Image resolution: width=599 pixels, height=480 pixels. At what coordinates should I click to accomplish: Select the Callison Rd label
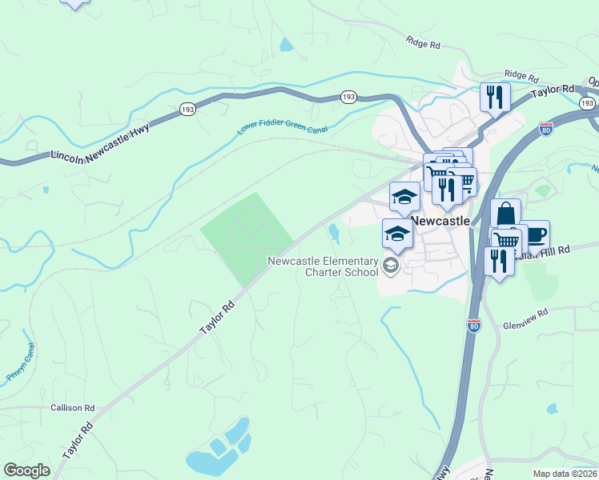(x=73, y=408)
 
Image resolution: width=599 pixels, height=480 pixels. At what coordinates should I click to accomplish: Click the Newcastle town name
(x=440, y=221)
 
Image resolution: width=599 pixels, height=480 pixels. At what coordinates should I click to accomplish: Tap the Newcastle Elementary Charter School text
(x=322, y=266)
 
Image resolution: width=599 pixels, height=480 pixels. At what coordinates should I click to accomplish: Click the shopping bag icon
(x=505, y=214)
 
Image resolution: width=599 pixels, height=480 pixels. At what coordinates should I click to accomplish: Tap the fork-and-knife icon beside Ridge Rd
(x=495, y=98)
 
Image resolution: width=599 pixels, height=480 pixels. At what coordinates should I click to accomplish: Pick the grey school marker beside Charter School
(x=391, y=266)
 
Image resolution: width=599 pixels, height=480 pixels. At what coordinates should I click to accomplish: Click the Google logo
(x=26, y=470)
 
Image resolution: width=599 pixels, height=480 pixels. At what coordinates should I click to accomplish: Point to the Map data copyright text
(x=564, y=473)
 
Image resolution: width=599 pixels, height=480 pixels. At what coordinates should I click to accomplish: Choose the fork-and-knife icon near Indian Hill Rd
(x=499, y=261)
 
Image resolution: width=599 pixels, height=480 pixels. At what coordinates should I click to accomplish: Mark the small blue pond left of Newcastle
(x=333, y=233)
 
